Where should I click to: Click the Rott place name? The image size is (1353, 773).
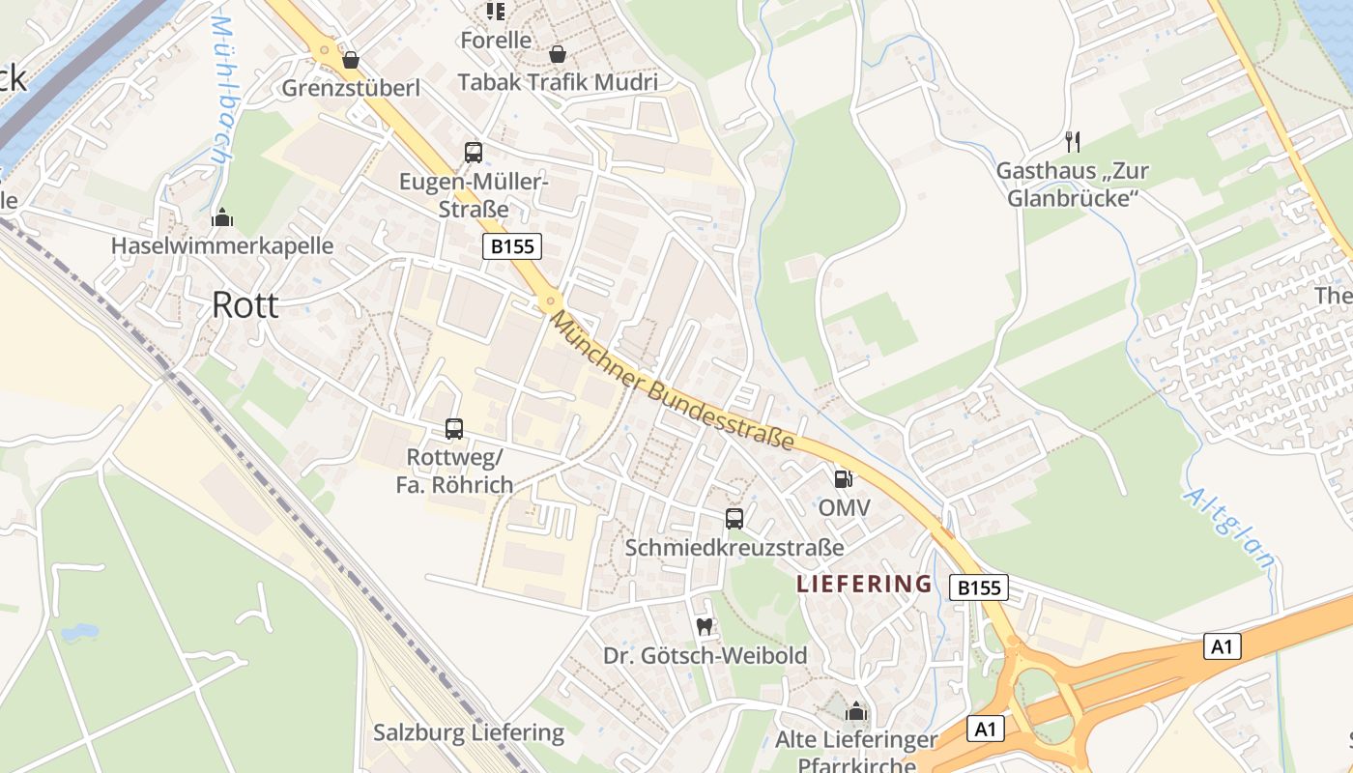245,305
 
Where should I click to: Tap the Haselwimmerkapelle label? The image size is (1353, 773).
221,245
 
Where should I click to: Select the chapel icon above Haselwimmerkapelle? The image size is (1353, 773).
222,216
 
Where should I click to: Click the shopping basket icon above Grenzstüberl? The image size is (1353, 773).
350,60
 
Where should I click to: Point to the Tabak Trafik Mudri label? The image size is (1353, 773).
558,82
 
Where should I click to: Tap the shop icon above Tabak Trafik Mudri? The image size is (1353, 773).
558,54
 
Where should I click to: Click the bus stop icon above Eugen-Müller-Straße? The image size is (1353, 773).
474,152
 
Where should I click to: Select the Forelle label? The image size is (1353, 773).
496,40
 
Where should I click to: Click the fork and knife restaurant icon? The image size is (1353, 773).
1072,142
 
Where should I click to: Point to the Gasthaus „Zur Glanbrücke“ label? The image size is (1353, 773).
1072,185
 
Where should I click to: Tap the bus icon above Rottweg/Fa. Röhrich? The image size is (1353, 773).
454,428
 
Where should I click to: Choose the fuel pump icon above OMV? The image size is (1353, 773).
844,478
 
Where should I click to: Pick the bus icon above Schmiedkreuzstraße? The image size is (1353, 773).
734,519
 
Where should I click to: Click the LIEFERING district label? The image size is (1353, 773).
864,584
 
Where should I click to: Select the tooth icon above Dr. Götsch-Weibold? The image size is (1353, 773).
705,626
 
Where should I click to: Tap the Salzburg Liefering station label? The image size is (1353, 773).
469,732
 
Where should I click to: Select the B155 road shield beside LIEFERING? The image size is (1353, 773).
978,587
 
